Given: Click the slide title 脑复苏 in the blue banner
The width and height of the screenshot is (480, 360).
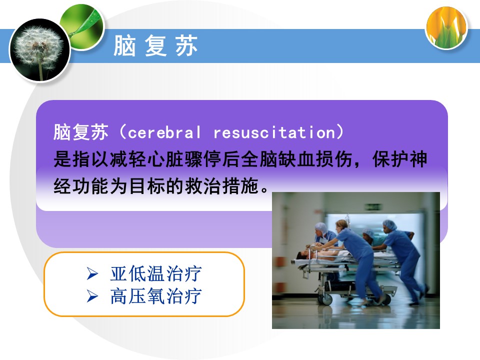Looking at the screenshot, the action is coord(155,45).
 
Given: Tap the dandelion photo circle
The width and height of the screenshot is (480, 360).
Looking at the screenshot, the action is coord(40,50).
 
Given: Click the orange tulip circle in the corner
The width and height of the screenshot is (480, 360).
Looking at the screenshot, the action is coord(446,27).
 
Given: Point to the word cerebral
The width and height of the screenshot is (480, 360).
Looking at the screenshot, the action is coord(164,132).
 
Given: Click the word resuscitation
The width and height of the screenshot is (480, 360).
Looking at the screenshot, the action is coord(274,132).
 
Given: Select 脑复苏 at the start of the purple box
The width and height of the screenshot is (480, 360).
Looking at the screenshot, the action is coord(81,132).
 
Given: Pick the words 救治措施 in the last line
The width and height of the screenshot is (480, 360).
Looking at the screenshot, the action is coord(221,186).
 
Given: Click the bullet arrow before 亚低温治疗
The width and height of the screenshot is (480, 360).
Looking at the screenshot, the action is coord(92,273).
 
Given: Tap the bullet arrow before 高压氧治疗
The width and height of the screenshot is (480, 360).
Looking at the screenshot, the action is coord(92,296).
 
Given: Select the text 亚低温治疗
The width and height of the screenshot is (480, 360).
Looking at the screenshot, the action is coord(156,273).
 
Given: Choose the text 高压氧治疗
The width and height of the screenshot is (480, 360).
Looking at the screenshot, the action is coord(156,296).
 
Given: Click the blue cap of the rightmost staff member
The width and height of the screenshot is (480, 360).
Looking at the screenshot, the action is coord(389,225).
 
